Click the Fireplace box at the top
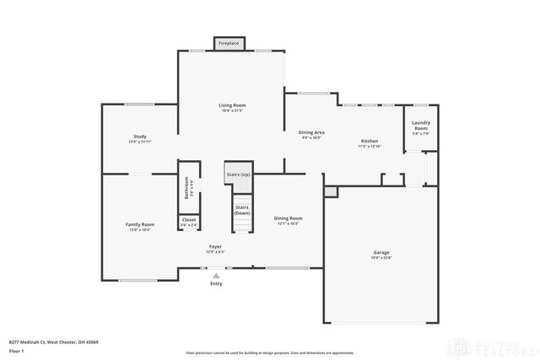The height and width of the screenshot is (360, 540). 228,42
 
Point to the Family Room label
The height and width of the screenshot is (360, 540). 140,225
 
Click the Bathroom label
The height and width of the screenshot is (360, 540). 186,185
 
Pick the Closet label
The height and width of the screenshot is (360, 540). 189,220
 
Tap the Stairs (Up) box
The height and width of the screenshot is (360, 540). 238,174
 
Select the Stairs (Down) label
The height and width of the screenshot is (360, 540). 242,209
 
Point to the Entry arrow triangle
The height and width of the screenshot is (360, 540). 217,275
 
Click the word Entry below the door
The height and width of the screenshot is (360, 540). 217,284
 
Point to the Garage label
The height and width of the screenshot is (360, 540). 381,252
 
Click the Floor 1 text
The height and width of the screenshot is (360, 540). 17,350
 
